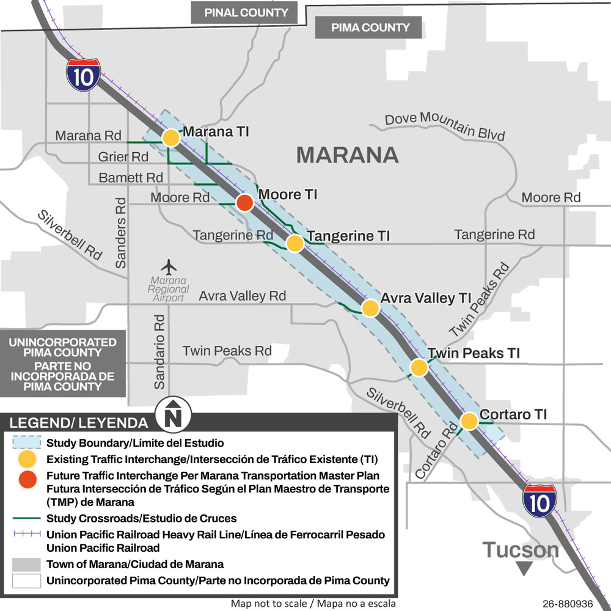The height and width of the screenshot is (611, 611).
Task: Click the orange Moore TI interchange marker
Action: (x=245, y=203)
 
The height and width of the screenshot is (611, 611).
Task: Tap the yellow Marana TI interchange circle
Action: (x=171, y=137)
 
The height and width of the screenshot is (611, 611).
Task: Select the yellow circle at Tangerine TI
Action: (x=295, y=243)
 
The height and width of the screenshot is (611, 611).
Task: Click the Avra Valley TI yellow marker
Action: (x=370, y=308)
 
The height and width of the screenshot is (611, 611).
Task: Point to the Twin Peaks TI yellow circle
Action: (x=419, y=367)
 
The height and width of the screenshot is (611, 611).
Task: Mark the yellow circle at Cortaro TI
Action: (x=469, y=421)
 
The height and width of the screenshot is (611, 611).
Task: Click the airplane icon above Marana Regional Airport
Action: (x=169, y=267)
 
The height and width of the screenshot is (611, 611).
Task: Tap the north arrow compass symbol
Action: (x=174, y=415)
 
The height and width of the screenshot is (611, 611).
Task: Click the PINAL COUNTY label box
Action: (x=246, y=12)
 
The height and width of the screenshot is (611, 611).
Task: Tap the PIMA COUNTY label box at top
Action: (x=370, y=27)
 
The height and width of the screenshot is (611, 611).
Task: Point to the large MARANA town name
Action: (x=347, y=155)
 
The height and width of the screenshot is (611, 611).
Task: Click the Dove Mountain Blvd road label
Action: (x=444, y=125)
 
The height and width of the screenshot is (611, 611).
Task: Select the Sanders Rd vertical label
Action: (x=120, y=233)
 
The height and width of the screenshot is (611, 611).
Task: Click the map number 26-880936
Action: (x=568, y=604)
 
